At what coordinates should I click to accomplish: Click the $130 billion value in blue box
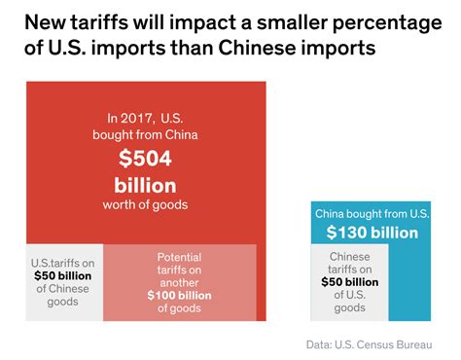[372, 233]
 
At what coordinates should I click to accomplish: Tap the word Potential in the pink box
[179, 257]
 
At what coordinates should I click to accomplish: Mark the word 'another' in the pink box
[180, 282]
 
